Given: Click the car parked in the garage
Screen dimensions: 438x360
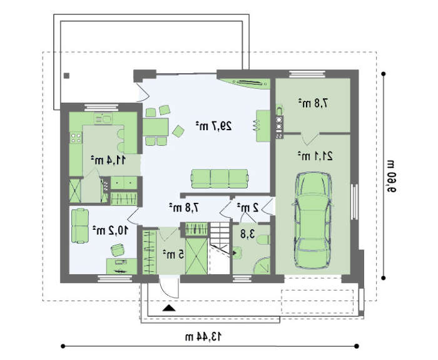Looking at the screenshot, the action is pos(313,220).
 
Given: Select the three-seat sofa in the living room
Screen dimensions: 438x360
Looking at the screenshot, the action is pos(220,178).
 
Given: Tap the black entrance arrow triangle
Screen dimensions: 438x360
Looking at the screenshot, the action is pos(169,308).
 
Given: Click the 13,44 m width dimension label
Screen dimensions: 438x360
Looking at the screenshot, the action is pos(203,337).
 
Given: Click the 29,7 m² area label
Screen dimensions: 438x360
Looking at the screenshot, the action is pos(214,126).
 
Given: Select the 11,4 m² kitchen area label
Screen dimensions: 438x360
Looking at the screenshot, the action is pos(108,160).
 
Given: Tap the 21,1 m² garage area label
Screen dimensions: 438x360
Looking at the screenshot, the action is pos(315,156).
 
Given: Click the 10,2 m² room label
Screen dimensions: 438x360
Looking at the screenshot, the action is pos(110,230).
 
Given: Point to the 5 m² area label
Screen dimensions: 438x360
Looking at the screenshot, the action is pos(173,254).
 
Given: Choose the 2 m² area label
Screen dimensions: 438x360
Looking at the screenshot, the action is pos(248,208).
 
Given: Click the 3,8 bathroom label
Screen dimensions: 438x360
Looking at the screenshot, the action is pos(248,234).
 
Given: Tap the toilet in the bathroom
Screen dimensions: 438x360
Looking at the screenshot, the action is pos(263,240).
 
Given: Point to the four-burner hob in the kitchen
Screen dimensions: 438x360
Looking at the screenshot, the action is pos(76,138).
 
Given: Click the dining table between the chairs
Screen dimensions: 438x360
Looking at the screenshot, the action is pos(155,127).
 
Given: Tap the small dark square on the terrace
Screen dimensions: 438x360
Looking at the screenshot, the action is pos(66,76).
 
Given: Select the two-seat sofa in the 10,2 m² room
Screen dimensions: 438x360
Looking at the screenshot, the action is pos(80,226).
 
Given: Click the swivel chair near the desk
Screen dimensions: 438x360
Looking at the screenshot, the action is pos(118,250).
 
